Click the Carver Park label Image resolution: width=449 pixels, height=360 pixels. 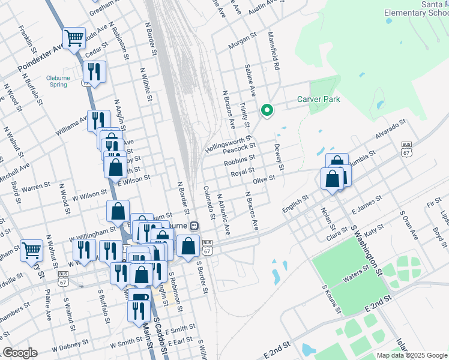(x=318, y=99)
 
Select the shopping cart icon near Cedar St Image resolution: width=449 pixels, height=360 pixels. (x=74, y=38)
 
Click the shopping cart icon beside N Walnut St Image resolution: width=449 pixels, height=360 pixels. (x=31, y=250)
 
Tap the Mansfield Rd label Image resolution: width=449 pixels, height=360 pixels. (x=274, y=51)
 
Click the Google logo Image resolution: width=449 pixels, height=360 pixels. (x=20, y=353)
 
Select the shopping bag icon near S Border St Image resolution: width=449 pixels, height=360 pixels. (x=188, y=245)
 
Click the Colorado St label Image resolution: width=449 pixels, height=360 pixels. (x=209, y=201)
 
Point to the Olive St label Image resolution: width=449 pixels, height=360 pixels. (x=264, y=179)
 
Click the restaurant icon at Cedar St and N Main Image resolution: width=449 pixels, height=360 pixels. (x=94, y=72)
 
